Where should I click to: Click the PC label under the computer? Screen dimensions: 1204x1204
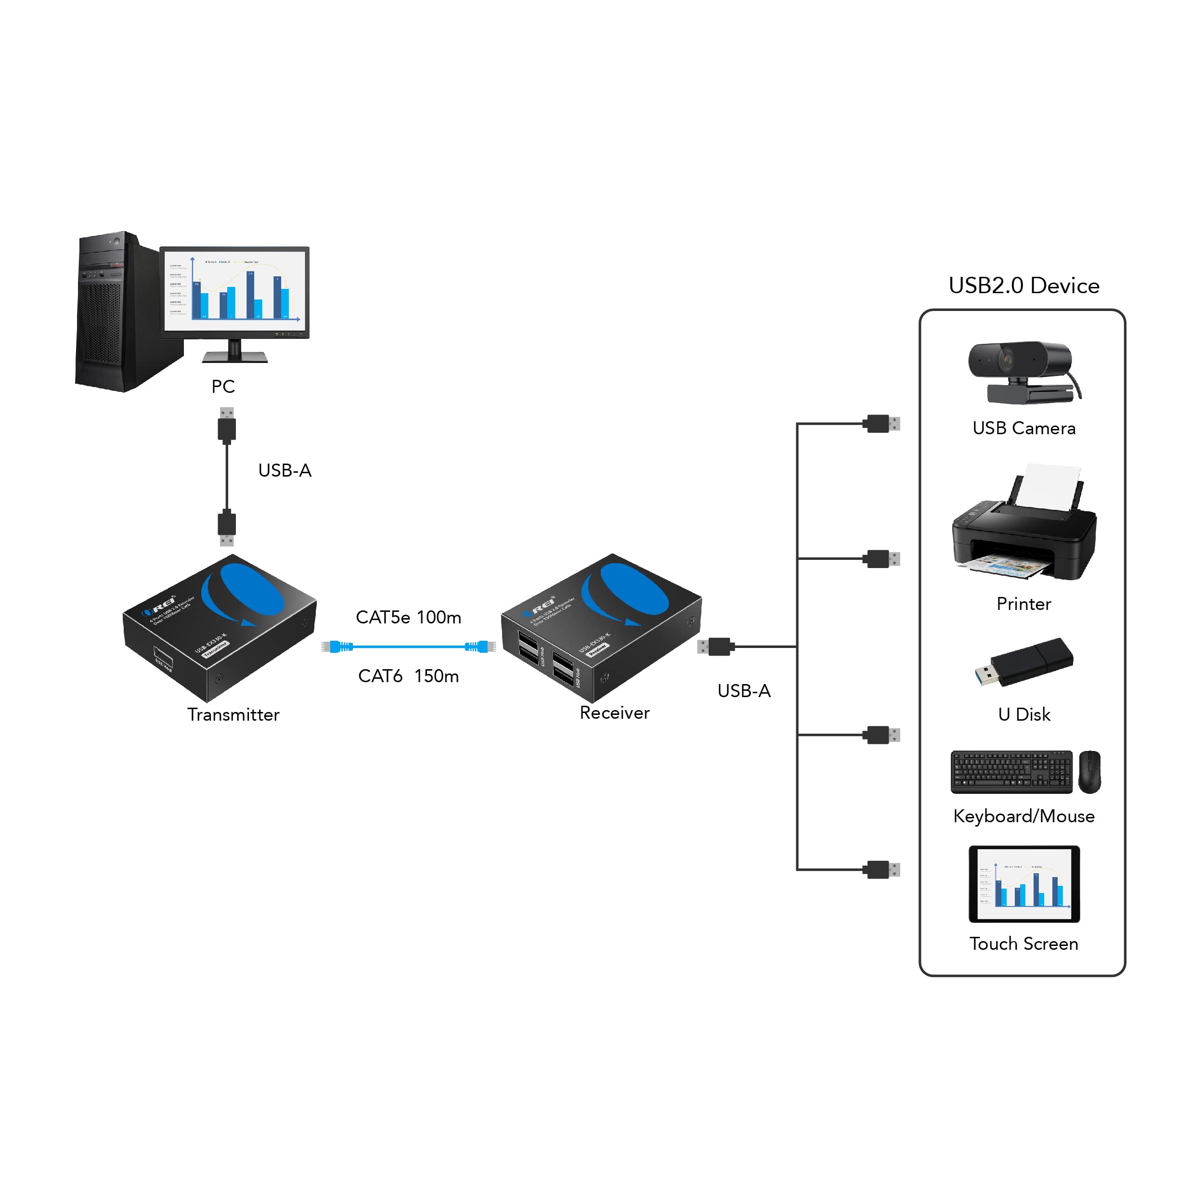223,387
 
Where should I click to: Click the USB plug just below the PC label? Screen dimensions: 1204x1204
227,426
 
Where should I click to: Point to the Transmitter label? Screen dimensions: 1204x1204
233,715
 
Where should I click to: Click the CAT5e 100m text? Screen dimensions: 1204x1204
408,618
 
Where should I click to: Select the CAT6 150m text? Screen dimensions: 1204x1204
408,676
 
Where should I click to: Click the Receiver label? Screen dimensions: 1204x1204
614,713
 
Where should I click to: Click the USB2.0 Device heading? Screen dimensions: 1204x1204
1023,285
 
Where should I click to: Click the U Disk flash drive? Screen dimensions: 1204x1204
1025,662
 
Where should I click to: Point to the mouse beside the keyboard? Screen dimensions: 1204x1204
1089,772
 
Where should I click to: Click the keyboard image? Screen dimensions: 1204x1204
1011,772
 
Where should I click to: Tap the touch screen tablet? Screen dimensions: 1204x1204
1024,884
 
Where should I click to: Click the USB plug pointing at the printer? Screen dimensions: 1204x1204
880,559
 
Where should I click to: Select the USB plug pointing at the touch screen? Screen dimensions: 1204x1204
880,869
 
